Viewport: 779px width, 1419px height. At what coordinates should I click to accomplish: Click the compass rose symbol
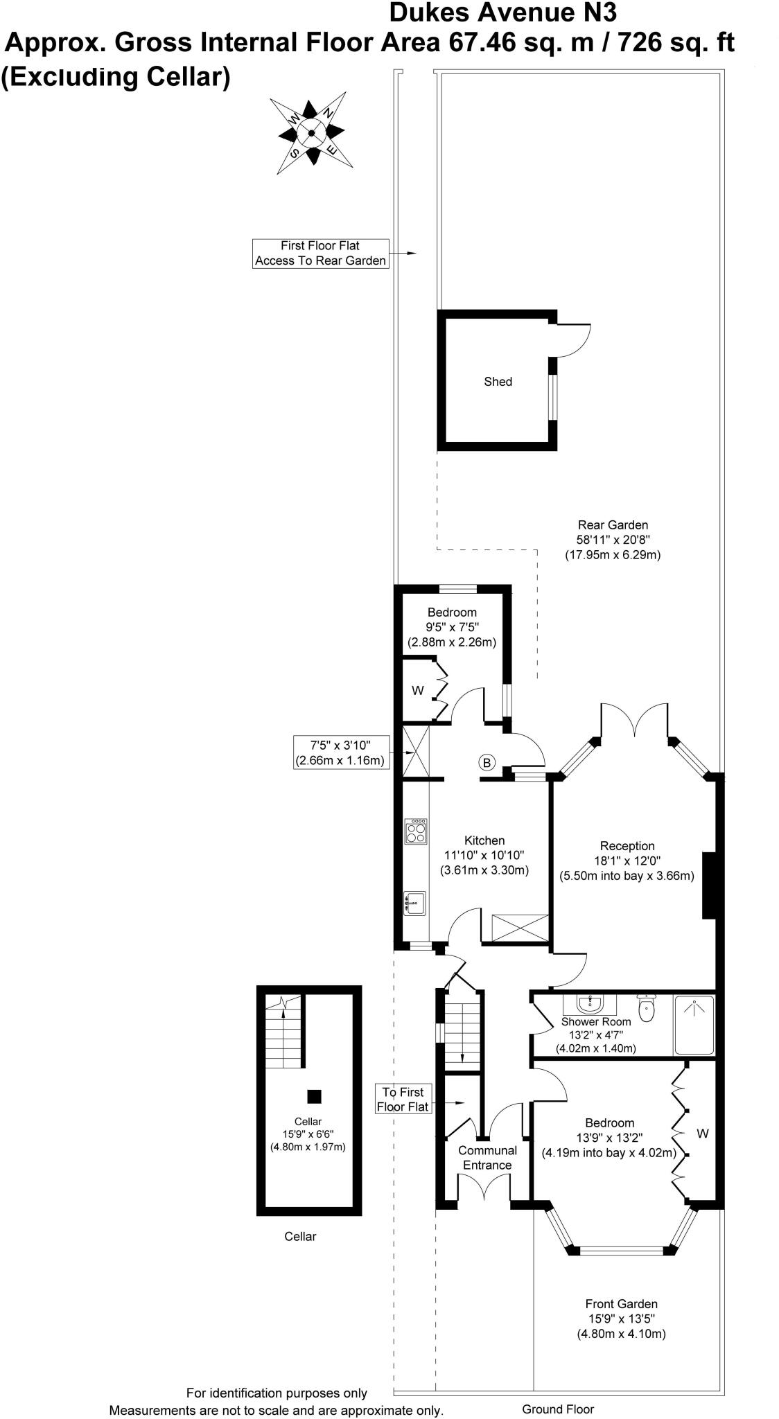point(311,133)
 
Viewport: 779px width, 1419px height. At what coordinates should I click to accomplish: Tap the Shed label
point(498,382)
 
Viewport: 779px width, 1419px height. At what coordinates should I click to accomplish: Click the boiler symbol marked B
point(487,763)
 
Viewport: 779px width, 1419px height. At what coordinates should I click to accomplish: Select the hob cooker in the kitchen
point(417,831)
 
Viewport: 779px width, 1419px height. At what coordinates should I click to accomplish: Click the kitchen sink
point(416,904)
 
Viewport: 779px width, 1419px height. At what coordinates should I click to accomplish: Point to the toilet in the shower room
point(647,1010)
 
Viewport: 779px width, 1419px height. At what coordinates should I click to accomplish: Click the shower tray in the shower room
point(694,1025)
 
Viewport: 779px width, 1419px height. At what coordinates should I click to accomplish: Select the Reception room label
point(627,846)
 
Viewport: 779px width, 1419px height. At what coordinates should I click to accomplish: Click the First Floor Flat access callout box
point(320,254)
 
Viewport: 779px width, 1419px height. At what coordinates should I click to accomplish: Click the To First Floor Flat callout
point(403,1100)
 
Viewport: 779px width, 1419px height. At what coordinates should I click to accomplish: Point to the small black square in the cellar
point(315,1096)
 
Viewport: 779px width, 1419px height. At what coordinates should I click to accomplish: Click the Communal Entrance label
point(487,1158)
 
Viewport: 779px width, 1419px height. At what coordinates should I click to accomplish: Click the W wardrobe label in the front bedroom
point(702,1134)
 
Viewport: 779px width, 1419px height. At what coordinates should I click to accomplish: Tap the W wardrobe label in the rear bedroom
point(417,691)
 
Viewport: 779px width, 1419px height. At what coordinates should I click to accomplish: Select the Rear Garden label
point(613,525)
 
